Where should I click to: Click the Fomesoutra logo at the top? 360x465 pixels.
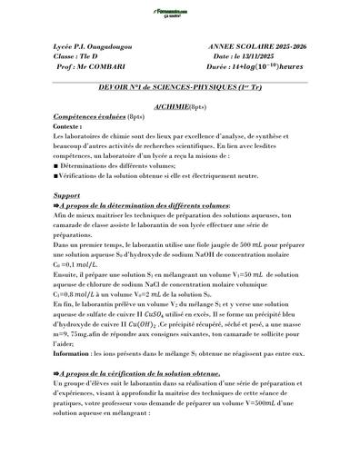179,11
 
